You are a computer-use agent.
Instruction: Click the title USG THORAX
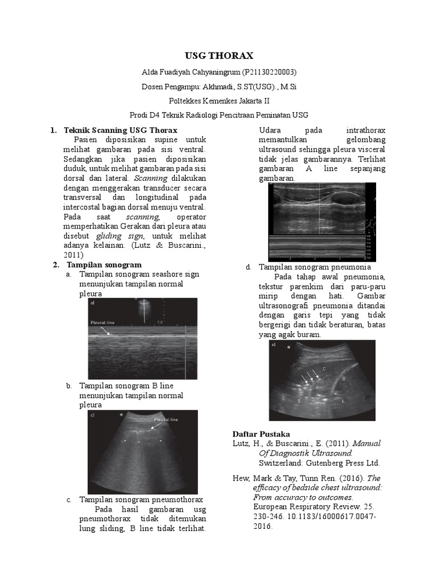pos(218,56)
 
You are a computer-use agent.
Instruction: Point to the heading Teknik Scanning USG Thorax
pos(121,130)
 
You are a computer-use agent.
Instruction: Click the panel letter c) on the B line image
pos(92,416)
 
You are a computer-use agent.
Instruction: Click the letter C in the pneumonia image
pos(324,369)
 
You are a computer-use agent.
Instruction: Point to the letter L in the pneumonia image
pos(343,402)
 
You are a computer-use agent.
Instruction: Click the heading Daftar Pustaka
pos(261,433)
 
